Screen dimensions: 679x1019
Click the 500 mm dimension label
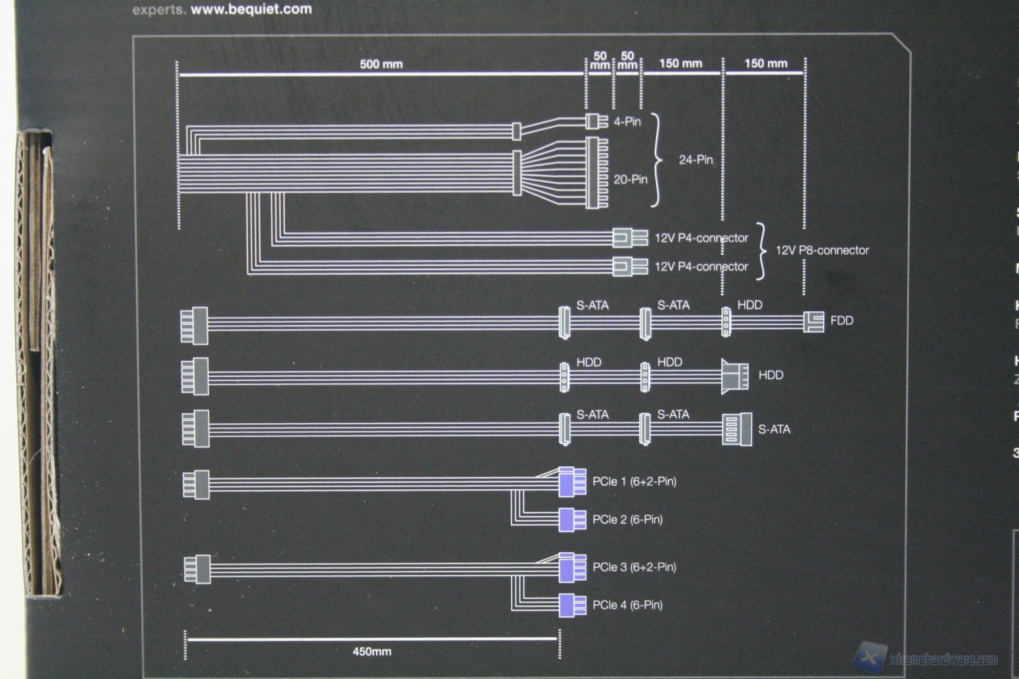(x=381, y=64)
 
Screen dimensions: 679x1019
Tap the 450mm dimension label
(x=372, y=651)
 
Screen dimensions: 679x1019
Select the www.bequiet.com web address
(x=251, y=9)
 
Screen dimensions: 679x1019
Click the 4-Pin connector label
(x=627, y=121)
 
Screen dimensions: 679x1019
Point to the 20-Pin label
(x=630, y=179)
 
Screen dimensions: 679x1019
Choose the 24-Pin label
(x=696, y=160)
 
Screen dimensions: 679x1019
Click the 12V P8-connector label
(x=822, y=250)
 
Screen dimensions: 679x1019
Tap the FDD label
(x=842, y=321)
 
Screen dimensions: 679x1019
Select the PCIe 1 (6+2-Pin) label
(x=634, y=482)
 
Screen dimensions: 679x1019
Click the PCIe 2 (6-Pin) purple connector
(x=572, y=520)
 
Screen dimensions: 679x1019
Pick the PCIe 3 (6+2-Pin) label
(x=634, y=567)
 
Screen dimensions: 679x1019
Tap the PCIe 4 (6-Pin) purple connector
(x=572, y=605)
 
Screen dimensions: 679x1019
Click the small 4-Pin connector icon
(x=596, y=121)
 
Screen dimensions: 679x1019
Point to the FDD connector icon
(x=814, y=322)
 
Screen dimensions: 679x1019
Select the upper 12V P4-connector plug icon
(x=630, y=238)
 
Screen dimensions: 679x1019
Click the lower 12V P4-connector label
(x=701, y=266)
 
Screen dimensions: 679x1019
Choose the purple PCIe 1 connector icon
(x=572, y=482)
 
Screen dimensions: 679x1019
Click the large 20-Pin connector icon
(x=596, y=173)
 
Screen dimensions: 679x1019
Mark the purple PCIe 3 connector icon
(x=572, y=567)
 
